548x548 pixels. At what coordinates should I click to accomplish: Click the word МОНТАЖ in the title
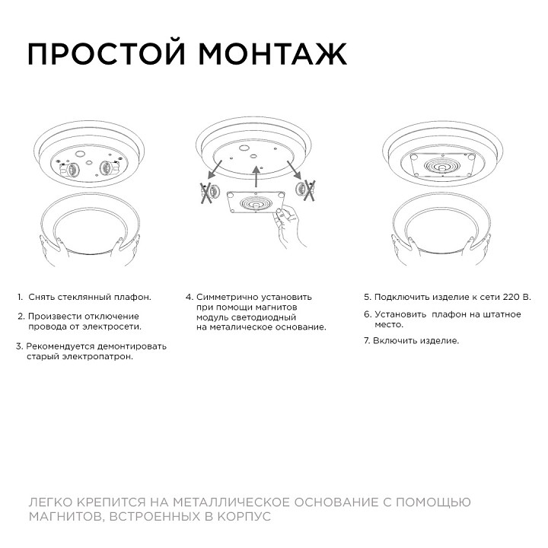point(272,54)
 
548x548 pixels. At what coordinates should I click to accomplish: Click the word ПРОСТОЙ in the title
point(108,54)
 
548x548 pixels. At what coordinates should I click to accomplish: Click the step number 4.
point(189,297)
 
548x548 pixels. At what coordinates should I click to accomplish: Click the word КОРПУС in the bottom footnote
point(244,516)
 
